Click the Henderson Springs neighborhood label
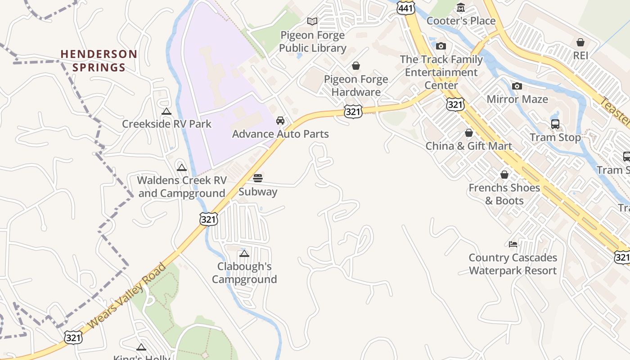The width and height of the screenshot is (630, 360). pyautogui.click(x=99, y=61)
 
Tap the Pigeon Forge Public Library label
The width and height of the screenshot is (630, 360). pyautogui.click(x=313, y=41)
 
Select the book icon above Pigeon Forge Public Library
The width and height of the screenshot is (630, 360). pyautogui.click(x=312, y=21)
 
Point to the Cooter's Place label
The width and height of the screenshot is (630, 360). pyautogui.click(x=461, y=21)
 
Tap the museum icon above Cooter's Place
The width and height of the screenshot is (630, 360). pyautogui.click(x=461, y=8)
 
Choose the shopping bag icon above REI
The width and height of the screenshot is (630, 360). pyautogui.click(x=580, y=42)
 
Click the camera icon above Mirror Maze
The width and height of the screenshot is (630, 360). pyautogui.click(x=517, y=86)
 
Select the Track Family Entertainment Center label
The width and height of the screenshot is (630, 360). pyautogui.click(x=441, y=72)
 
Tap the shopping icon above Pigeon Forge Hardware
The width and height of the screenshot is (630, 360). pyautogui.click(x=356, y=66)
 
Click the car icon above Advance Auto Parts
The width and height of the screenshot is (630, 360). pyautogui.click(x=280, y=121)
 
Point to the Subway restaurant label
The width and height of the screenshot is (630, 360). pyautogui.click(x=258, y=192)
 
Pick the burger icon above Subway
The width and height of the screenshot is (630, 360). pyautogui.click(x=258, y=178)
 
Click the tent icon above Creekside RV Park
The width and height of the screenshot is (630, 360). pyautogui.click(x=166, y=111)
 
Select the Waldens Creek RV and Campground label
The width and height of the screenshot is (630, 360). pyautogui.click(x=181, y=187)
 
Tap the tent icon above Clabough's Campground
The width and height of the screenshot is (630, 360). pyautogui.click(x=244, y=253)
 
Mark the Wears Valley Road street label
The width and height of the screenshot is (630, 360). pyautogui.click(x=127, y=296)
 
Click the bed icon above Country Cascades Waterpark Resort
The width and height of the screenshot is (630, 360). pyautogui.click(x=513, y=244)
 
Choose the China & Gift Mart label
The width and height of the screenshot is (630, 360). pyautogui.click(x=468, y=146)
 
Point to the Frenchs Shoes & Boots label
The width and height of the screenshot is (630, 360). pyautogui.click(x=504, y=194)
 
